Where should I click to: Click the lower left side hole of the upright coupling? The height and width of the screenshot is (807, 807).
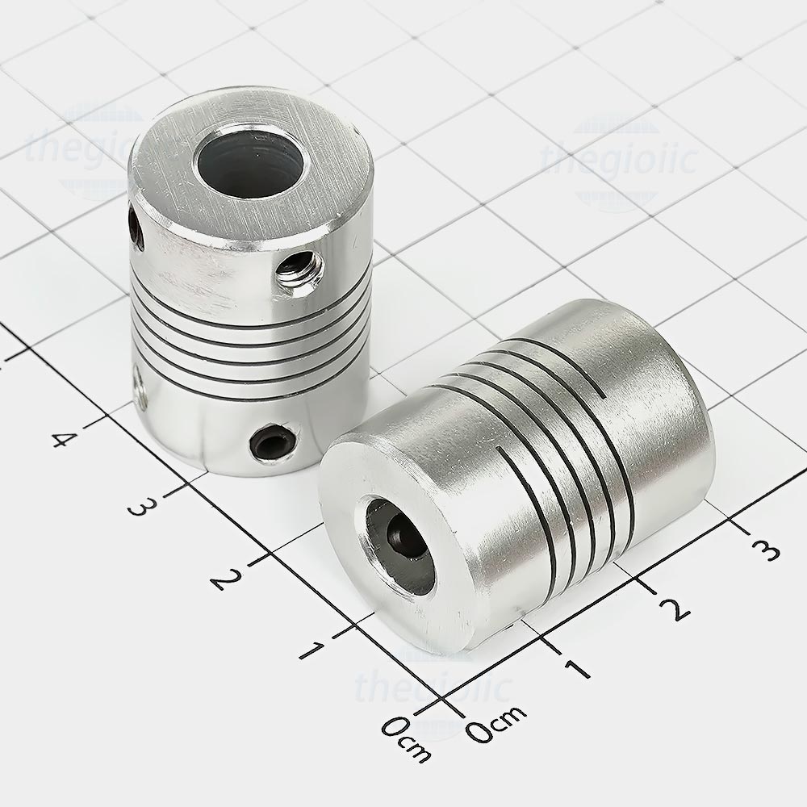(x=140, y=383)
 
